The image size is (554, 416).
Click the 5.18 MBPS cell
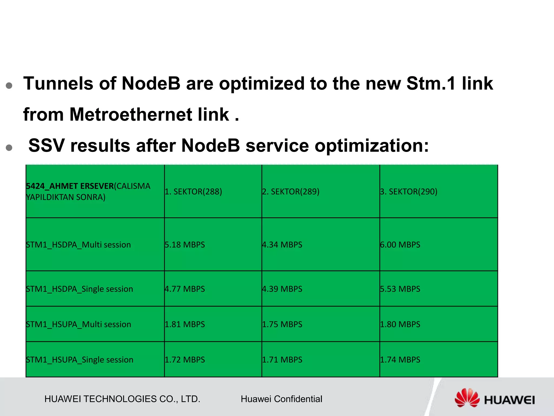pos(185,245)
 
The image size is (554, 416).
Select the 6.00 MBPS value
pos(400,245)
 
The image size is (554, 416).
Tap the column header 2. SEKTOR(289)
pos(291,191)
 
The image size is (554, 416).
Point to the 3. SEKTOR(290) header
pos(408,191)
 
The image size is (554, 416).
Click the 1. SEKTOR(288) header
pos(193,191)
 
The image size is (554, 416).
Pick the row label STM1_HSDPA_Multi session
pos(78,245)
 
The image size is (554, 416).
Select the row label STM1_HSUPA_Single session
pos(80,360)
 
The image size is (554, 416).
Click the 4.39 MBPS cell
pos(282,289)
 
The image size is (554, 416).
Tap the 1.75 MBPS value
pos(282,324)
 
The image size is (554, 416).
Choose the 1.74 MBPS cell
pos(400,360)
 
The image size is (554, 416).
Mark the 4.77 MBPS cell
pos(185,289)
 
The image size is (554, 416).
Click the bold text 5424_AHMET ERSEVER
pos(70,186)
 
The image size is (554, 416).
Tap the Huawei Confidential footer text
pos(281,399)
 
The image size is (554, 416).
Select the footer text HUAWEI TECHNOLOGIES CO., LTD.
pos(122,399)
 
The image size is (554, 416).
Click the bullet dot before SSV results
pos(9,147)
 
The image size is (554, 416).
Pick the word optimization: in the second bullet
pos(372,146)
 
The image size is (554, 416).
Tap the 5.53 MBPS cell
pos(400,289)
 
